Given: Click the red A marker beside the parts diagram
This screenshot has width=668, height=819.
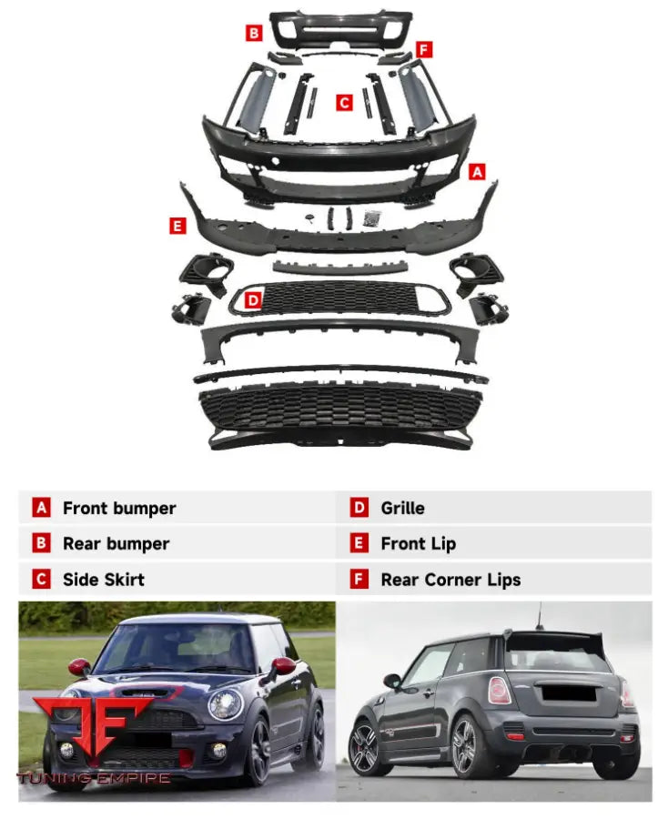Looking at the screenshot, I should (477, 171).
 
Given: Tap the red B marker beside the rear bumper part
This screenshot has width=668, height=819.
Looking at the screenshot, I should (254, 34).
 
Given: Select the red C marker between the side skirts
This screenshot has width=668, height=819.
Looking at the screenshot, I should (344, 103).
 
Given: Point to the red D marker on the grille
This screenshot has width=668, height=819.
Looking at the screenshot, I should (254, 298).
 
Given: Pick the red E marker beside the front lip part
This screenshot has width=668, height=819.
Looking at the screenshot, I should (177, 226).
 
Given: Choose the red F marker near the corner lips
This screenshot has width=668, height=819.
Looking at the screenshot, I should (424, 49).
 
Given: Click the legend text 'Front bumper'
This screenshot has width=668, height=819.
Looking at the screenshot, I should (119, 509).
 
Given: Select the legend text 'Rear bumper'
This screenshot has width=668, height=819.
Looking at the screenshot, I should (116, 544).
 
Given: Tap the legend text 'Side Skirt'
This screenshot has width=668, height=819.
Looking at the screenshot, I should (104, 580).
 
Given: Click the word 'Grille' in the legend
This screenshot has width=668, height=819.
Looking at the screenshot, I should (402, 509).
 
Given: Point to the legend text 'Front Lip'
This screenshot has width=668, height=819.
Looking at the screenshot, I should (418, 544).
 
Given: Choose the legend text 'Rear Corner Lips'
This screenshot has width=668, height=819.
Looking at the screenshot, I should (450, 580).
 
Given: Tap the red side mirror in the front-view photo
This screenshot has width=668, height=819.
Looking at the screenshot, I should (283, 666).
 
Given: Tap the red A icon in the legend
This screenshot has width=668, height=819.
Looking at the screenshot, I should (41, 509).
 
